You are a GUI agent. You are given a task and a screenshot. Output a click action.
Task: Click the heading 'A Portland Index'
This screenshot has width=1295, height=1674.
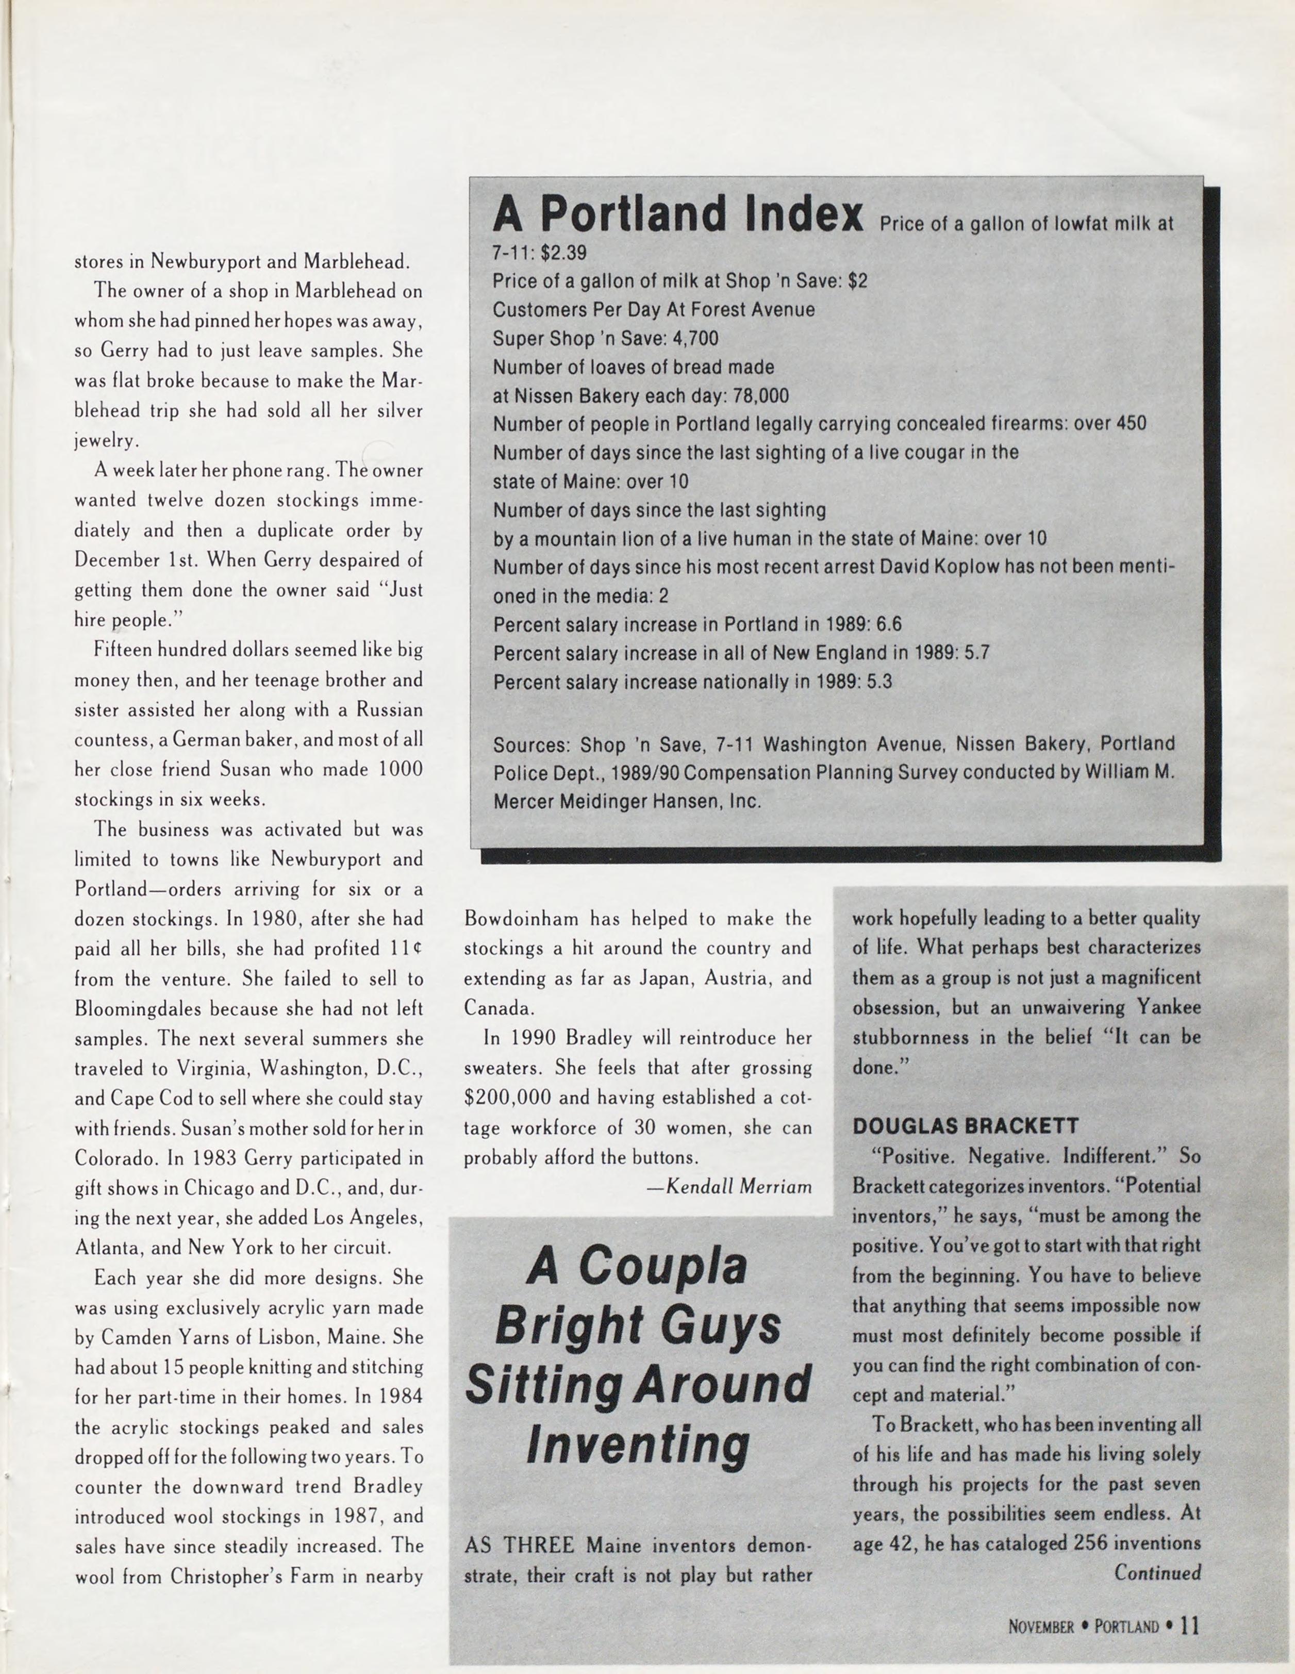[x=677, y=214]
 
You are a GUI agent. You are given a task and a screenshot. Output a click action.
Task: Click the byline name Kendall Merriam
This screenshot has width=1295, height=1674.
[x=739, y=1187]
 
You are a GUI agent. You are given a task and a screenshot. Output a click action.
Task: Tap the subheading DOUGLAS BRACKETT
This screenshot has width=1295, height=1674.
[x=966, y=1126]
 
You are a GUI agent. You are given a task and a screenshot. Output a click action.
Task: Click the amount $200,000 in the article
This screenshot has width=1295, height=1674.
[x=508, y=1098]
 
